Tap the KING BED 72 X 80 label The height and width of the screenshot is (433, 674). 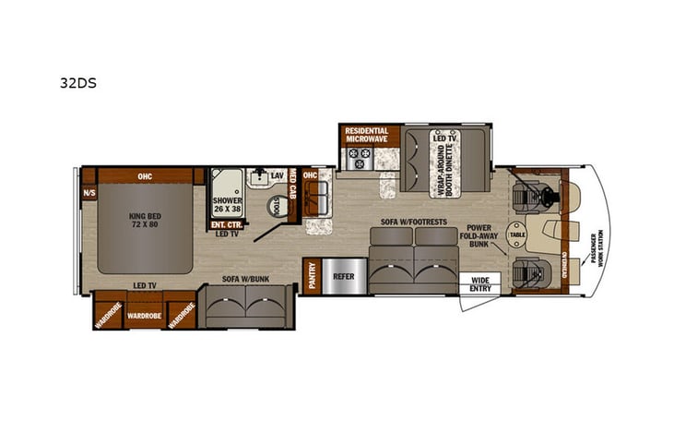[x=144, y=222]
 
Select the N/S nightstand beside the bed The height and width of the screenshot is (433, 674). [x=89, y=194]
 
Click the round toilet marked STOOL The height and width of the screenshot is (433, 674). [x=274, y=206]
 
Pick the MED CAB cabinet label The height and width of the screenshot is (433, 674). [x=293, y=186]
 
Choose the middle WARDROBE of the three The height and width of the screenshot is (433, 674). [x=144, y=315]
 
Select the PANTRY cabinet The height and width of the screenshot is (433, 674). [x=310, y=276]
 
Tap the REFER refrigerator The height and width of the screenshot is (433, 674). [x=344, y=276]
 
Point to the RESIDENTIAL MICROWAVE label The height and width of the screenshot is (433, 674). [x=366, y=135]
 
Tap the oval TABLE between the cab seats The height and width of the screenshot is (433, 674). [x=516, y=235]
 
